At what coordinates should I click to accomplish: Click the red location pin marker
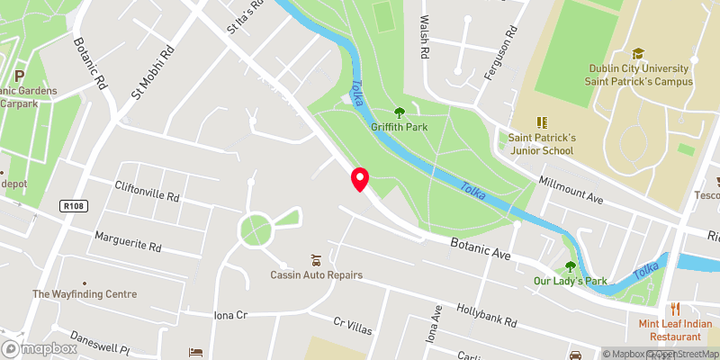click(360, 179)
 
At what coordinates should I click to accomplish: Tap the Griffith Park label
click(399, 127)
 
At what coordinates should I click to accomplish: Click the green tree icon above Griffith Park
click(400, 112)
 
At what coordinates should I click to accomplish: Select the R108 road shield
click(74, 206)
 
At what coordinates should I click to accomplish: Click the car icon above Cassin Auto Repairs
click(315, 259)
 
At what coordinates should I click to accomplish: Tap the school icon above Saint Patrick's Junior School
click(542, 121)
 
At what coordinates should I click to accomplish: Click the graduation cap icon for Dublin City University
click(638, 54)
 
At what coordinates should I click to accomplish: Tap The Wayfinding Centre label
click(85, 294)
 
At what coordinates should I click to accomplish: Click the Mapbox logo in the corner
click(40, 349)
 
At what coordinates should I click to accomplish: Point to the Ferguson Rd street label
click(500, 56)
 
